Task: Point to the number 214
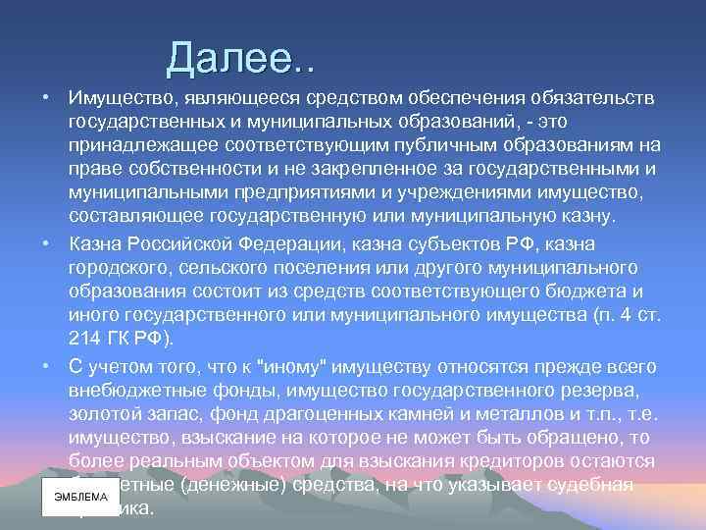tap(86, 340)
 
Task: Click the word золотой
tap(103, 412)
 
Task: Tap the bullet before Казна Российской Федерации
tap(47, 242)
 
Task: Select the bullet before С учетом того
tap(47, 364)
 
